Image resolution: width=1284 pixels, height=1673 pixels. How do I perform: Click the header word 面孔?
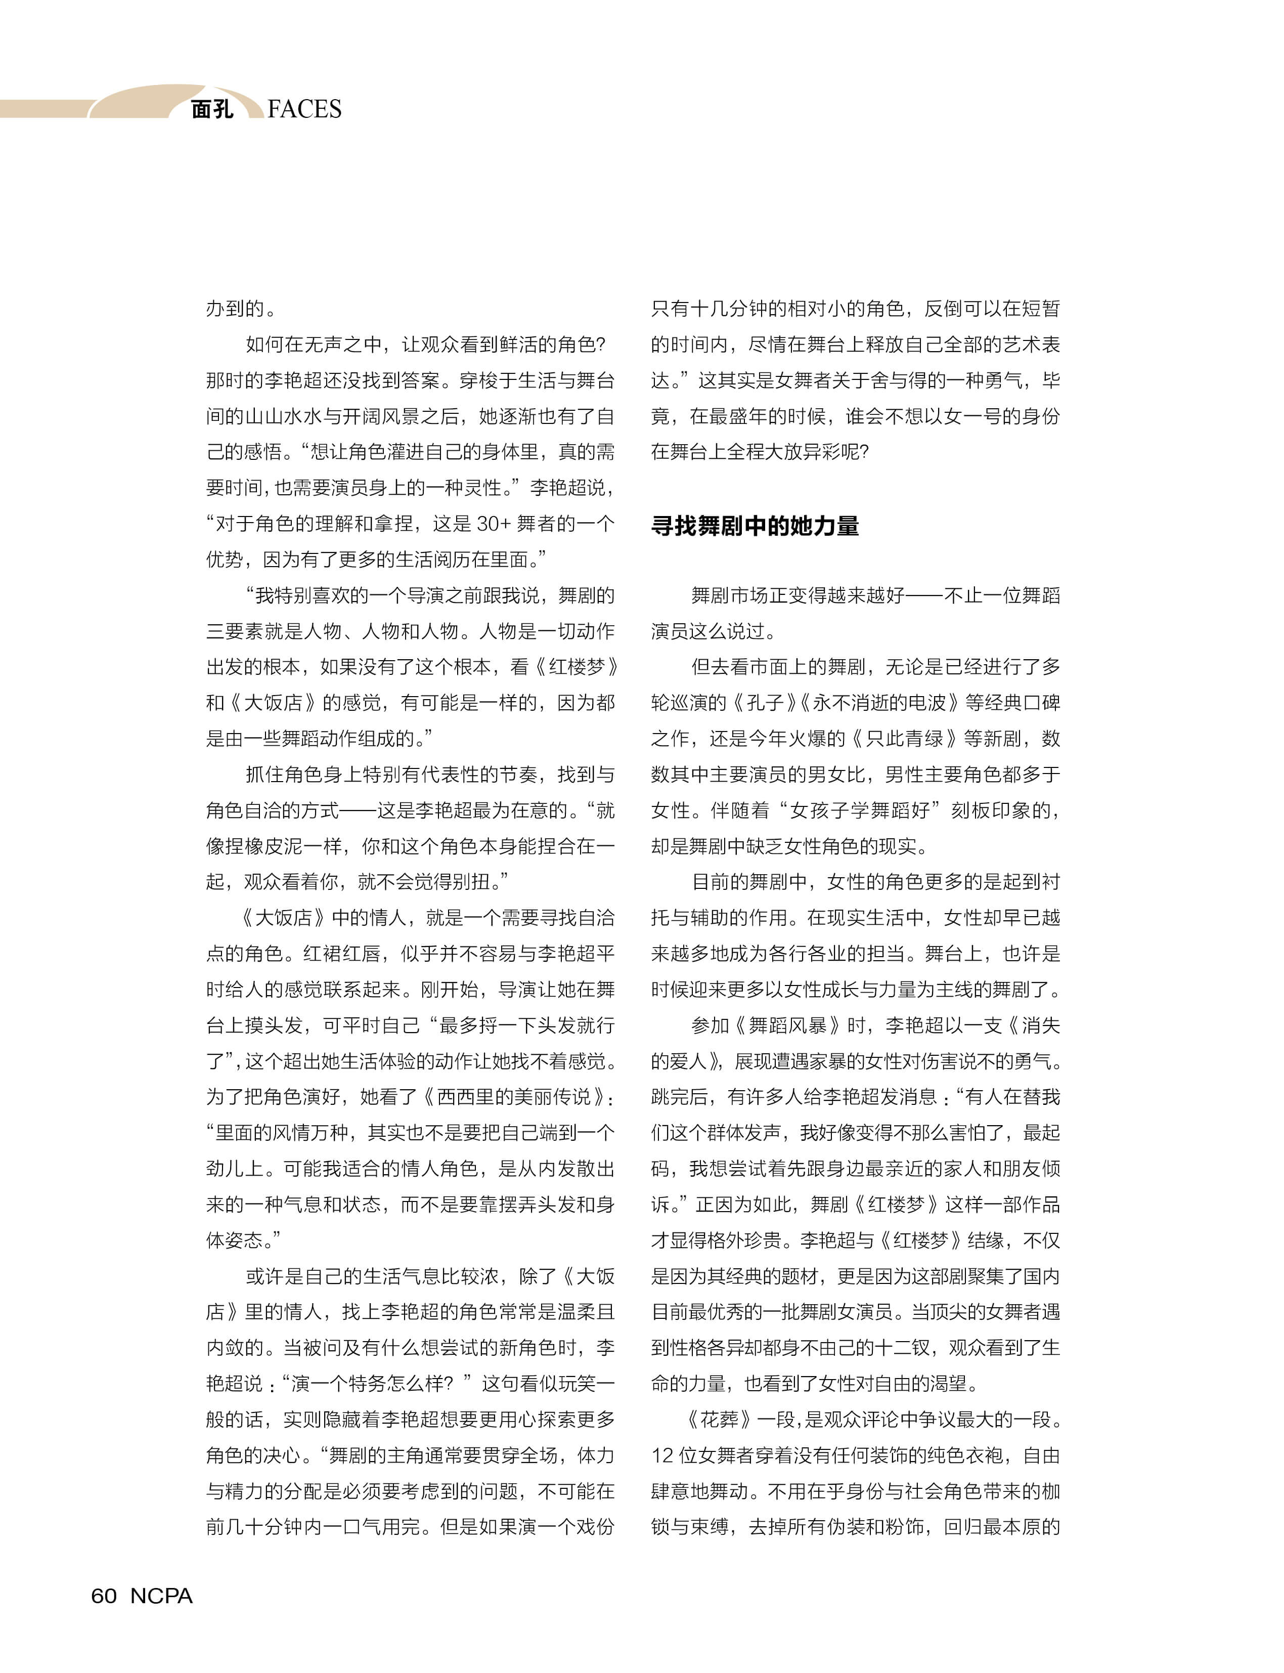212,109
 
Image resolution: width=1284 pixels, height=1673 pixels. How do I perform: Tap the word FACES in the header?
304,109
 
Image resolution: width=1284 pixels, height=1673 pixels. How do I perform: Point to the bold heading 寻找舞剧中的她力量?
755,526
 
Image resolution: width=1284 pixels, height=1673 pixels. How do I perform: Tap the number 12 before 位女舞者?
662,1455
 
